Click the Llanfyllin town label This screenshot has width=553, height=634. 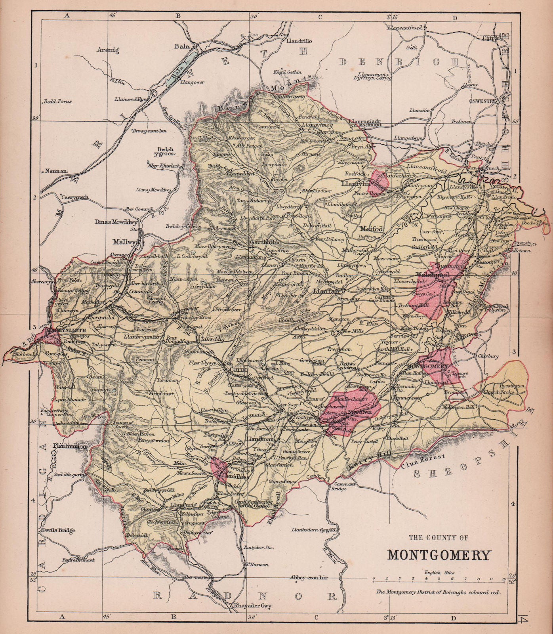357,184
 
